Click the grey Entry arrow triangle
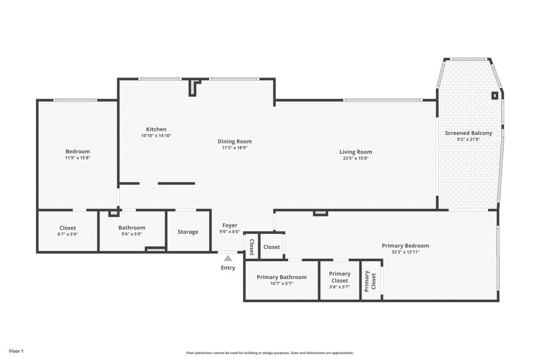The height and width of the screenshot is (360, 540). [x=228, y=258]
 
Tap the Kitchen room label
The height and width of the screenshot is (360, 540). [x=156, y=129]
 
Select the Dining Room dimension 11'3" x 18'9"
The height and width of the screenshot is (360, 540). [x=235, y=148]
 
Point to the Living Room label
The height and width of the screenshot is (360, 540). [x=356, y=152]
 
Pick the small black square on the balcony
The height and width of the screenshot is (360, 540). [x=494, y=95]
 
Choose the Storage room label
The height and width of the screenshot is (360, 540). [x=188, y=232]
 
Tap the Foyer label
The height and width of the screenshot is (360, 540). [x=229, y=225]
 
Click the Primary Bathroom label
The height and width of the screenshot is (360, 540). [x=281, y=277]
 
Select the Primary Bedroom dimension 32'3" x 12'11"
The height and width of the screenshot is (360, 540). [x=405, y=252]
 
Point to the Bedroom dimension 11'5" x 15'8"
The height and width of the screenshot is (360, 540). [x=78, y=158]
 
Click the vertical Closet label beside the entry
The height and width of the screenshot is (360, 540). [x=251, y=247]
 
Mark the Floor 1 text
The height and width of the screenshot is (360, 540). [x=16, y=351]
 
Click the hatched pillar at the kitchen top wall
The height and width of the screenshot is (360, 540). [x=193, y=88]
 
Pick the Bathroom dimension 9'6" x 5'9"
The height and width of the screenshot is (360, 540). [x=132, y=234]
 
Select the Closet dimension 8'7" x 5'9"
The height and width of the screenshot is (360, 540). [x=67, y=234]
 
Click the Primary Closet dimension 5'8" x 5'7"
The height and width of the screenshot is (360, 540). [x=340, y=287]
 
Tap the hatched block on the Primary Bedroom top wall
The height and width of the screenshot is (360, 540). [x=321, y=213]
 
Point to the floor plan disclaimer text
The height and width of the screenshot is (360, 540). [x=270, y=353]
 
